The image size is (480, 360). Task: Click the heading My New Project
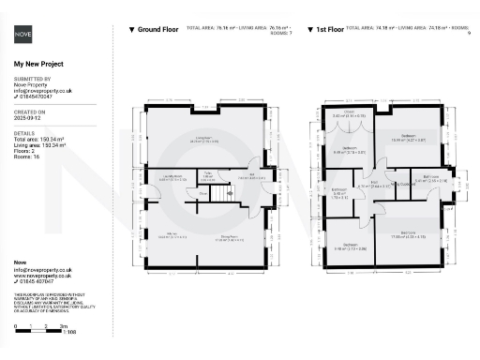(x=37, y=64)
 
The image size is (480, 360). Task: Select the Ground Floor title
(x=157, y=30)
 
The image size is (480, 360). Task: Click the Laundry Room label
(x=171, y=177)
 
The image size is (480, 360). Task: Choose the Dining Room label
(x=232, y=236)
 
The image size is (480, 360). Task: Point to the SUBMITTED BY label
(x=32, y=79)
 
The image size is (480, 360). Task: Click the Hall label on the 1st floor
(x=374, y=184)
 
